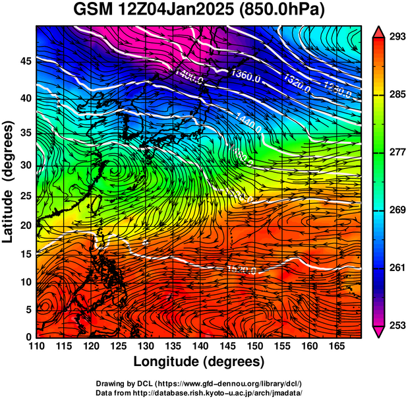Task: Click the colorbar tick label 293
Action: point(395,37)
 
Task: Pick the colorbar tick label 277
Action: point(395,152)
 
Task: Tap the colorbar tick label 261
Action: point(395,268)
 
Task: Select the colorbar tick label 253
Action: point(395,325)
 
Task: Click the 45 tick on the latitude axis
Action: point(24,62)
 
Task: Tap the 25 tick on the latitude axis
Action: point(24,196)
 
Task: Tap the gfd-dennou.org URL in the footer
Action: point(239,383)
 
